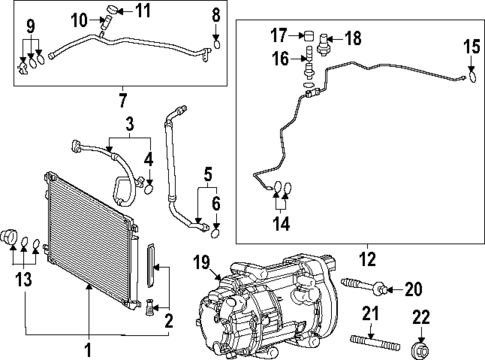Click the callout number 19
[x=200, y=264]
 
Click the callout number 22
[x=421, y=317]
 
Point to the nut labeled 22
[x=422, y=350]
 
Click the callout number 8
[x=216, y=14]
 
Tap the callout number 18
[x=354, y=37]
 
